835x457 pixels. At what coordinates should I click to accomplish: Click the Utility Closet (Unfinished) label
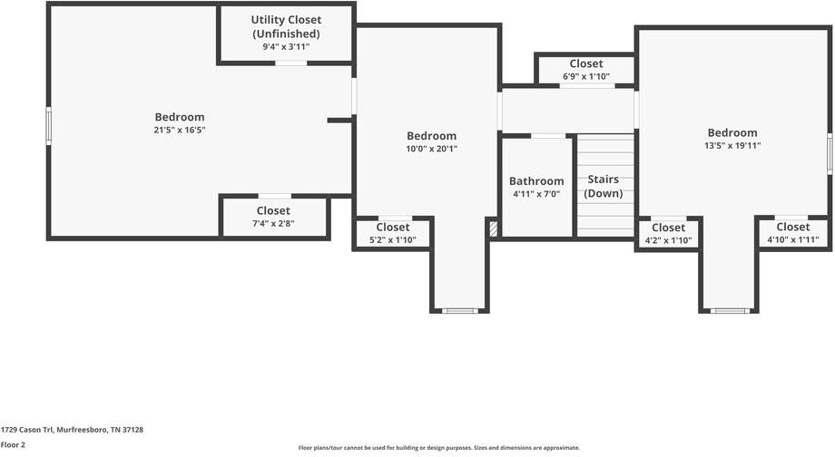coord(286,26)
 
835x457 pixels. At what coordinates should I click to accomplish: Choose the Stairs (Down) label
coord(603,186)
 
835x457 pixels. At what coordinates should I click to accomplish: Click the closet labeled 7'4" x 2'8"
coord(273,218)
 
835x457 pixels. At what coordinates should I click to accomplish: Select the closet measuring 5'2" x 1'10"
coord(393,234)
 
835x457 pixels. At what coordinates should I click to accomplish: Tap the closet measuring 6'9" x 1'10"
coord(585,71)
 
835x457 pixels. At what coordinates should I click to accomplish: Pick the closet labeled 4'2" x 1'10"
coord(668,234)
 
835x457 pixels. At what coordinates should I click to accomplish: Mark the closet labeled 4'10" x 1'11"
coord(792,234)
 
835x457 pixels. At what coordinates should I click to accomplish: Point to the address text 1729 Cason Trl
coord(72,430)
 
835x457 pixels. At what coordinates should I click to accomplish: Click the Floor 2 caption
coord(13,445)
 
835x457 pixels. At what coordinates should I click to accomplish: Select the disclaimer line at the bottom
coord(438,448)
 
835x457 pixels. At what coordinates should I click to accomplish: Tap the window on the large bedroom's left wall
coord(49,126)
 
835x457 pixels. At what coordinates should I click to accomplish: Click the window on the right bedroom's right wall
coord(829,153)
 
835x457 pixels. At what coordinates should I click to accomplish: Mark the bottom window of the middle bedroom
coord(460,311)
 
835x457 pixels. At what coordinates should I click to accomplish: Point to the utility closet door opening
coord(290,63)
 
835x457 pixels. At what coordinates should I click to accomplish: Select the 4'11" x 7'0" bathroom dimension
coord(536,194)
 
